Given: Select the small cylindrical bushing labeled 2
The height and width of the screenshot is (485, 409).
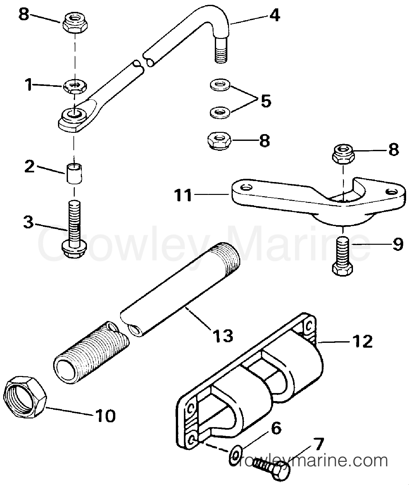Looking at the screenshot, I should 74,174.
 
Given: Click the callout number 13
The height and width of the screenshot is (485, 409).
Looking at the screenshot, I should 223,336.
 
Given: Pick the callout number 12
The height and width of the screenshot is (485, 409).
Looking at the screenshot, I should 363,342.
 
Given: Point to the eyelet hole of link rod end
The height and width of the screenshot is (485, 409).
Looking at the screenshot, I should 74,114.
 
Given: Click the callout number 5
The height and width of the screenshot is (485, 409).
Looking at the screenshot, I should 266,101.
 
